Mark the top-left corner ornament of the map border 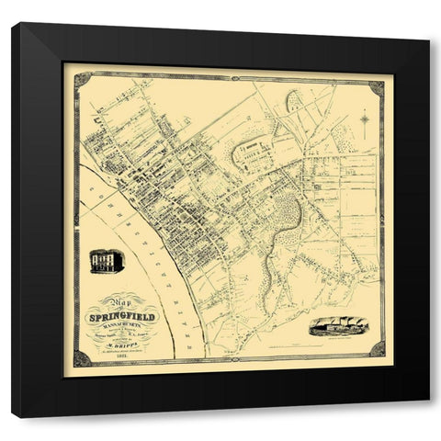pos(82,80)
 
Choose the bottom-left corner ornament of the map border pos(82,356)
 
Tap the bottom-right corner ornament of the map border pos(377,349)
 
